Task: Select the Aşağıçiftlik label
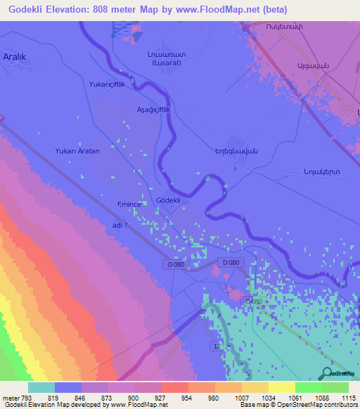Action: coord(153,110)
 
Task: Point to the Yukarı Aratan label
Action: coord(77,151)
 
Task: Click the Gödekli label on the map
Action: coord(169,200)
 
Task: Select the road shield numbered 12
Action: coord(217,346)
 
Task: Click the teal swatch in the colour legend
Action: coord(41,387)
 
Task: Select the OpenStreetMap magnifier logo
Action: coord(326,373)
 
